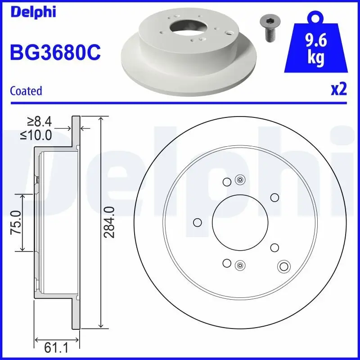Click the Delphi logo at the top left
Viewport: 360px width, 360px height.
point(32,12)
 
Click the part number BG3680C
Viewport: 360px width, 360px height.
point(55,53)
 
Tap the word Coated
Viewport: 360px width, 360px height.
point(26,91)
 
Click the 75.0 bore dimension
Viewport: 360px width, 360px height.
point(16,222)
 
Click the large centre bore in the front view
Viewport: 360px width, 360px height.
point(240,222)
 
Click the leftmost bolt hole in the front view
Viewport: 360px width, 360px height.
point(197,222)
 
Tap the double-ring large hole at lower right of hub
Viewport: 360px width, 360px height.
point(283,266)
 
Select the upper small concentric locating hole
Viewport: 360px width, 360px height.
point(240,180)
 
